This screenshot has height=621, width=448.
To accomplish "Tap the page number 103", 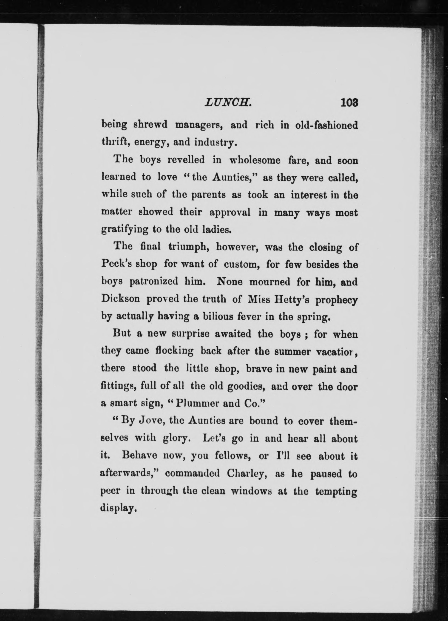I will coord(349,103).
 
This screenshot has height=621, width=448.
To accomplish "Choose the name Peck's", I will coord(115,264).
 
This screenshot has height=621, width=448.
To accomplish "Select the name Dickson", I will coord(120,299).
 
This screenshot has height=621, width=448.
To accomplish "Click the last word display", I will coord(118,509).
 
